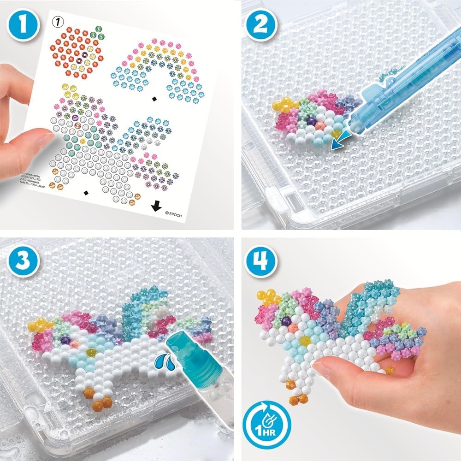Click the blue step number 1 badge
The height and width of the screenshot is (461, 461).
point(21,22)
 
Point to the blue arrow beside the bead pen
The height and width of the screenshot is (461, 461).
point(340,141)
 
